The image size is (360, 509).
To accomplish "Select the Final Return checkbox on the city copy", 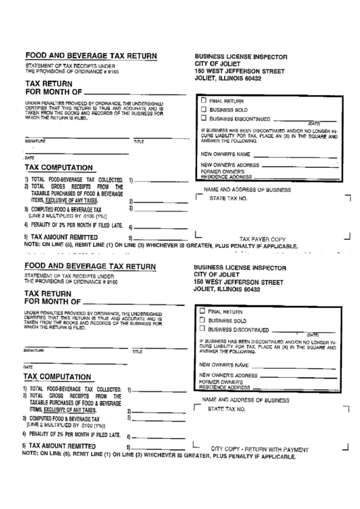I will [x=202, y=311].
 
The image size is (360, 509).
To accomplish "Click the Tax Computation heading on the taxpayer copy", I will [x=58, y=167].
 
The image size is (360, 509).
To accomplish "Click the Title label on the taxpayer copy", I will [x=139, y=141].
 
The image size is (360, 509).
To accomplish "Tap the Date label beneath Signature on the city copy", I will [x=29, y=367].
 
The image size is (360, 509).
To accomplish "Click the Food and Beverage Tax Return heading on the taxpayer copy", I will [x=90, y=56].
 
